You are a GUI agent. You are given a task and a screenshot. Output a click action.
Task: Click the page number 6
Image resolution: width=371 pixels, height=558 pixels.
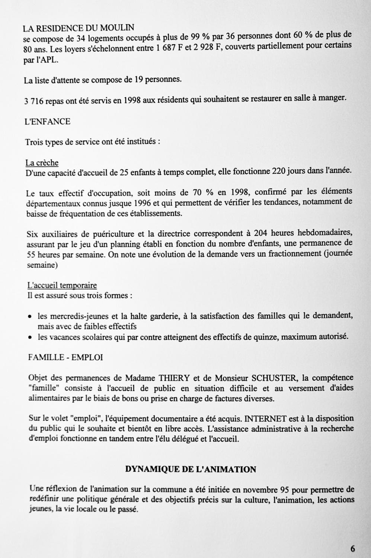(352, 548)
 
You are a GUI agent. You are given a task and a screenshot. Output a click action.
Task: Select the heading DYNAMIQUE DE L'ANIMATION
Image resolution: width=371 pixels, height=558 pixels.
(191, 469)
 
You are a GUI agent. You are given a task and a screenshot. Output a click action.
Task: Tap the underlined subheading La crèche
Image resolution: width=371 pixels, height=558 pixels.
(42, 163)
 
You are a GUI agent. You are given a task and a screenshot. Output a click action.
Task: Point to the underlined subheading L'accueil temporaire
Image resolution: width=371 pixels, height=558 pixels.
(62, 286)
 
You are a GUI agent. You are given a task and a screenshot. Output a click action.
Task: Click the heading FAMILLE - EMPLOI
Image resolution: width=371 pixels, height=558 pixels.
(65, 357)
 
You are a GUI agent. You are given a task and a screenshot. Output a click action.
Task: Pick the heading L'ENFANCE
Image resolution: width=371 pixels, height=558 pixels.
(47, 122)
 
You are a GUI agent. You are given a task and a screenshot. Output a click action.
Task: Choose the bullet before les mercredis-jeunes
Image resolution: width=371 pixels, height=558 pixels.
(30, 317)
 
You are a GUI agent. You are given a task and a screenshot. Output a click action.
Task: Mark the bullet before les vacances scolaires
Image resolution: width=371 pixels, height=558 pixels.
(30, 337)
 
